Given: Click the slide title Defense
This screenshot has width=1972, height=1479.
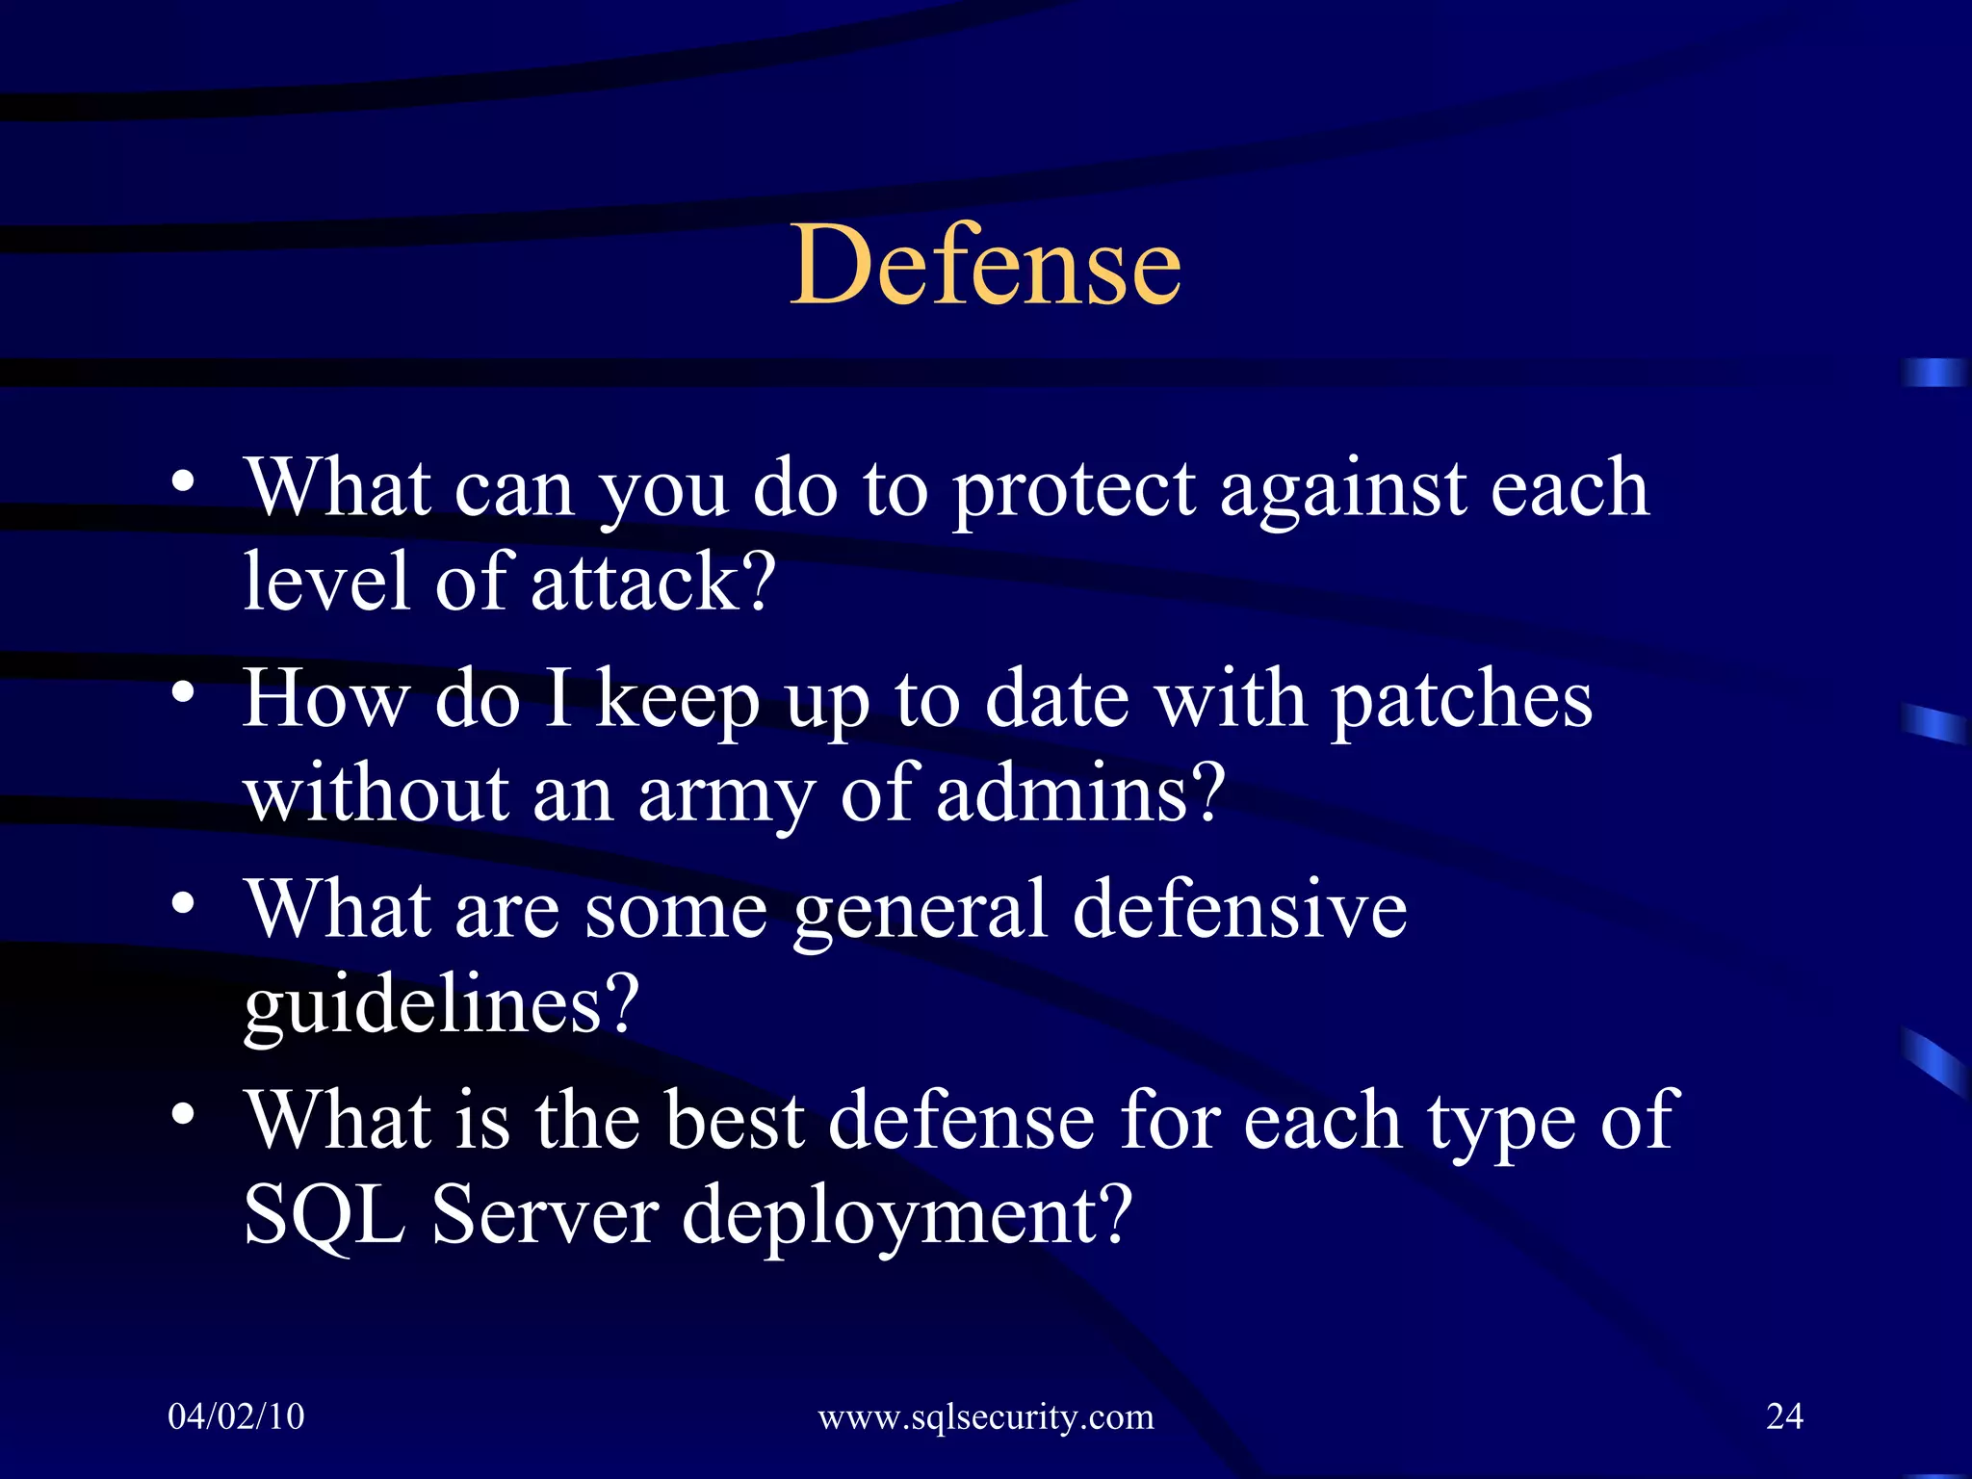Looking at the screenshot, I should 985,264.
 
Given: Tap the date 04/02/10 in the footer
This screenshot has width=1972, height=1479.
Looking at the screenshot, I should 236,1416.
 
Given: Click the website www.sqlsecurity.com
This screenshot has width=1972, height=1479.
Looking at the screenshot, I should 985,1417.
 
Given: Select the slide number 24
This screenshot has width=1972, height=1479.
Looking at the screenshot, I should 1784,1416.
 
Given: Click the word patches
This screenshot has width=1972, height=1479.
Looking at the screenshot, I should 1462,700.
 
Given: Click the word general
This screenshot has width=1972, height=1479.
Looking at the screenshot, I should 920,911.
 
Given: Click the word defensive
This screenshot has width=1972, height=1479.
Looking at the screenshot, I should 1239,909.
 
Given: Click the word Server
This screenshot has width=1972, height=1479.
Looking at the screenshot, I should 545,1215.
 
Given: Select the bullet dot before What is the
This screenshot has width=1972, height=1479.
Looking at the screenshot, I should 184,1114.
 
